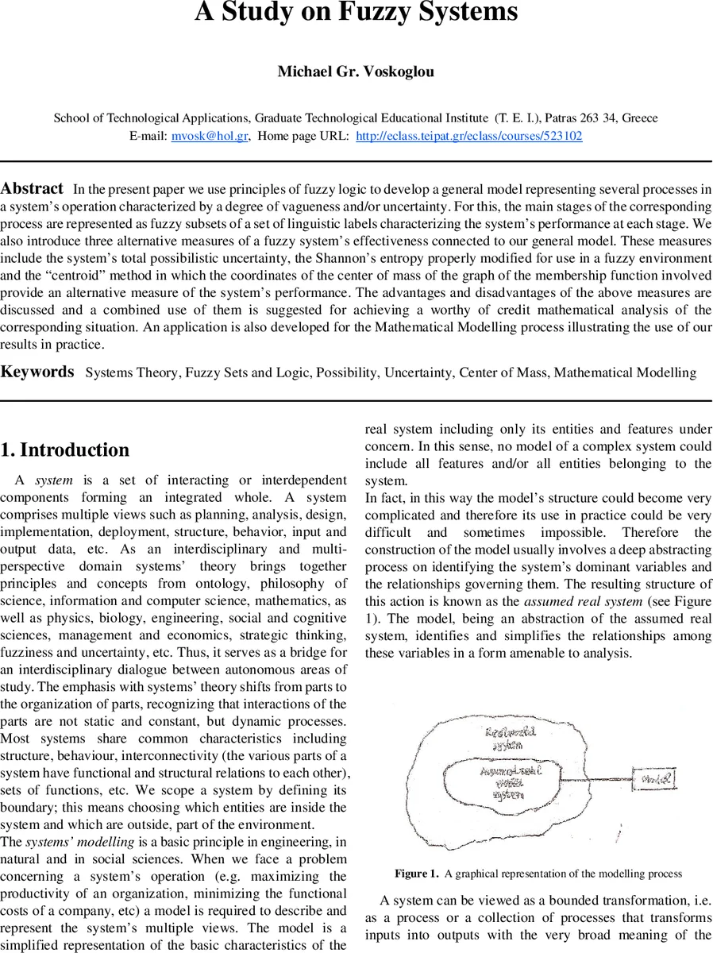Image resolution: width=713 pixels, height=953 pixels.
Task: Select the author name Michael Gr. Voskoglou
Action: [x=356, y=71]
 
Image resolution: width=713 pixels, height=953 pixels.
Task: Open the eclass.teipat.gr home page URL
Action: [x=468, y=136]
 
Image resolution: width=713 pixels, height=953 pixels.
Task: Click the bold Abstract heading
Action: [x=32, y=189]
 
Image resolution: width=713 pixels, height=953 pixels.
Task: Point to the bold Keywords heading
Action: [x=37, y=372]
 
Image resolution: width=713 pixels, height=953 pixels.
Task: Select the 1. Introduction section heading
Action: [x=64, y=450]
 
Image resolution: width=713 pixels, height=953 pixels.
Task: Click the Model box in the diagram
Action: [x=654, y=780]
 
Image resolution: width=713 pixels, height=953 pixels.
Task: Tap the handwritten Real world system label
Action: [x=510, y=739]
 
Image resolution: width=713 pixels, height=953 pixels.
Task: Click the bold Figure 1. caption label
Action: [x=416, y=874]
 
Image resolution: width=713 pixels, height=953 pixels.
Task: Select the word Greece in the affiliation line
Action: [x=640, y=118]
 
